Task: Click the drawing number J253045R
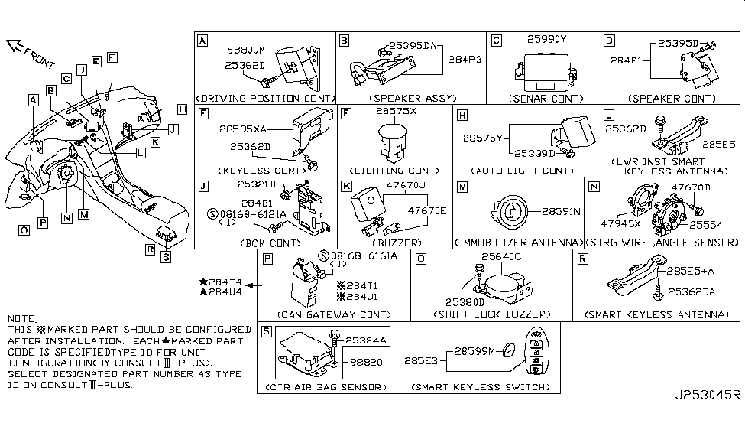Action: pyautogui.click(x=707, y=396)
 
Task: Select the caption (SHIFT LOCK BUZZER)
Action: pyautogui.click(x=491, y=314)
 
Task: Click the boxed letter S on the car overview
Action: pyautogui.click(x=167, y=257)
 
